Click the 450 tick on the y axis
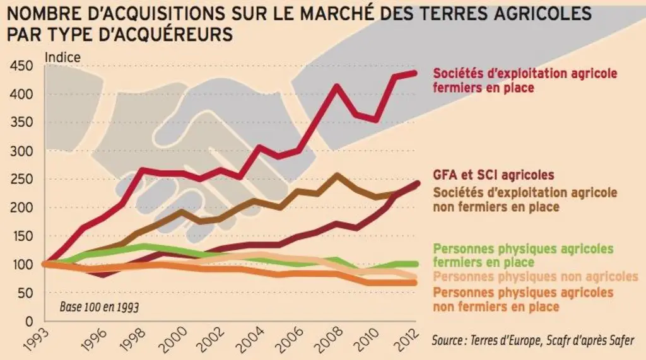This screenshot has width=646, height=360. (x=21, y=66)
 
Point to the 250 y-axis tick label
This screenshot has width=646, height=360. (x=21, y=179)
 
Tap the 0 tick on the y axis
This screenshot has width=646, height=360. (x=29, y=321)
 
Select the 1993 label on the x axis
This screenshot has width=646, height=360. (x=35, y=338)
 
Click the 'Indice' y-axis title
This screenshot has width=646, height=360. (x=62, y=57)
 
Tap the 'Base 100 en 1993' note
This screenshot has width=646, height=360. (x=99, y=307)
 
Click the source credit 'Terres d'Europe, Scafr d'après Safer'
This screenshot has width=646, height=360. (x=552, y=340)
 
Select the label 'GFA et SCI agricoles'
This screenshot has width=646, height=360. (x=493, y=175)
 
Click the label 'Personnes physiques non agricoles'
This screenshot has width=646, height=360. (x=536, y=276)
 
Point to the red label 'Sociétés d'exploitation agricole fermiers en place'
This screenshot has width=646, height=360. (x=525, y=80)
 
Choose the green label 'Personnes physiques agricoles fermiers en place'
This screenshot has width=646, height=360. (x=523, y=255)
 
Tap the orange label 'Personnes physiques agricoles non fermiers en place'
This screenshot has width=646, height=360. (x=523, y=299)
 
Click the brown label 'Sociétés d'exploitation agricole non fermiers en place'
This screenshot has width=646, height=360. (x=525, y=199)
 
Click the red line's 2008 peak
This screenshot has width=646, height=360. (x=337, y=87)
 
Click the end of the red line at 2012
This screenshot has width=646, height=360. (x=414, y=73)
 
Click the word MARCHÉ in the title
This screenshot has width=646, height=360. (x=333, y=13)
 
